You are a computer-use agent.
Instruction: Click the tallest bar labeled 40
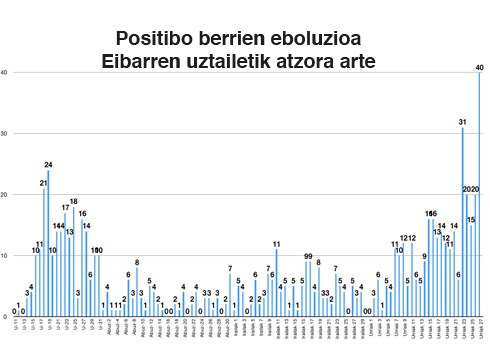480,195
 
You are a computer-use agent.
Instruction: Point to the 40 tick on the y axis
5,72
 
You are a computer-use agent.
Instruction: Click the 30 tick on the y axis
5,133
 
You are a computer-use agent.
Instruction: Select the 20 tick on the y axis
5,194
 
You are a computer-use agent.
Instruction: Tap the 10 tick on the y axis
5,255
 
